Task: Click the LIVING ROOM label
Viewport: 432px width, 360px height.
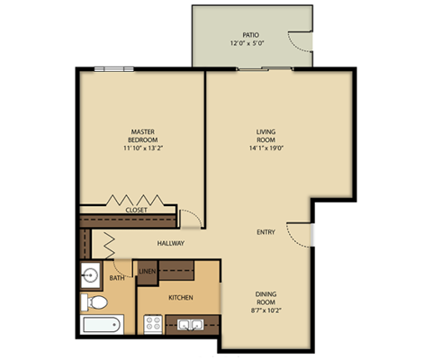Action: pos(265,135)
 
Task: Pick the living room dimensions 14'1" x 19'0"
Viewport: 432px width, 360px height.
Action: pos(265,149)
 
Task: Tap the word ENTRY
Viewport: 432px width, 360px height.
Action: pos(265,232)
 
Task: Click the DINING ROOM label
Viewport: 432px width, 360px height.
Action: pos(266,295)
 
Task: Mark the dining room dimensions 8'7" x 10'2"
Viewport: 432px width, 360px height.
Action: pos(266,310)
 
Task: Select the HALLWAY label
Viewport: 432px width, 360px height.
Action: pos(171,243)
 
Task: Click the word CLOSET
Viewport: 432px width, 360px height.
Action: pos(137,210)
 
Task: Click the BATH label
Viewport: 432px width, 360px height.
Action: pos(117,278)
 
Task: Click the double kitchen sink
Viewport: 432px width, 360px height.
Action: pos(190,325)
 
